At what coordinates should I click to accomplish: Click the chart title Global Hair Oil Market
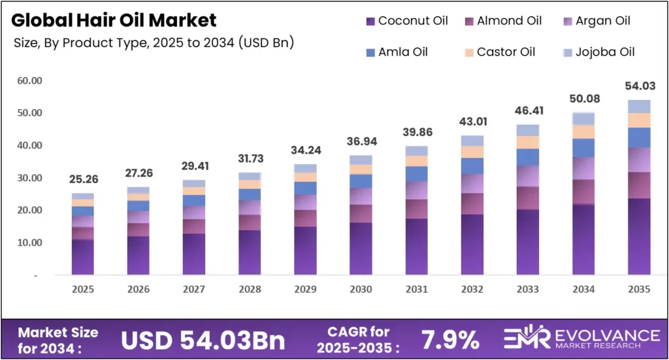[x=114, y=20]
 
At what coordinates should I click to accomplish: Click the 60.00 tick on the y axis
[x=29, y=81]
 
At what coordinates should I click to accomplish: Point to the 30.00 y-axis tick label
[x=29, y=178]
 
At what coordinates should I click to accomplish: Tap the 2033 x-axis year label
[x=527, y=289]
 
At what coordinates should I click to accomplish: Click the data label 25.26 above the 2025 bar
[x=83, y=180]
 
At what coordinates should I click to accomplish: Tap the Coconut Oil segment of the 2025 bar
[x=83, y=257]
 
